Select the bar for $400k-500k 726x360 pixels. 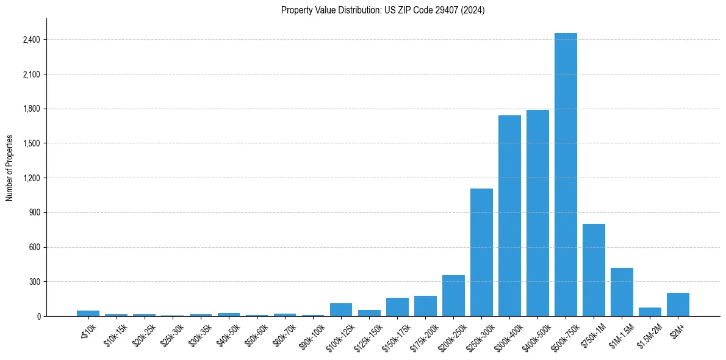[x=537, y=213]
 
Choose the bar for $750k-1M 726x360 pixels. [x=594, y=270]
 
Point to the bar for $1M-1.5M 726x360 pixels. [x=622, y=292]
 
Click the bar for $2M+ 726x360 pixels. [x=678, y=304]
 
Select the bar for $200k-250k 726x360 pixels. [x=453, y=295]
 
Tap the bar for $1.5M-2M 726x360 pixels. [x=650, y=312]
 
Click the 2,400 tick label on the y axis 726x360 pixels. [x=31, y=40]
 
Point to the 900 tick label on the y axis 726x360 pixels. [x=34, y=213]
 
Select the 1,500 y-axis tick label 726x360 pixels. [x=31, y=143]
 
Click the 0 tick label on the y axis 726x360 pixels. [x=38, y=317]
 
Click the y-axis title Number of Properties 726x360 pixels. [x=9, y=168]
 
